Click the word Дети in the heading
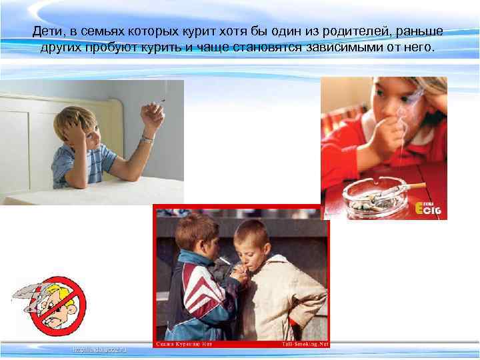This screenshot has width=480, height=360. [46, 32]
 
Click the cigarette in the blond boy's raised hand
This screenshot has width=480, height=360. [160, 102]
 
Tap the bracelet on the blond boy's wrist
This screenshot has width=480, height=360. [147, 139]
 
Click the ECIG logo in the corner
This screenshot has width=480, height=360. [429, 207]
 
